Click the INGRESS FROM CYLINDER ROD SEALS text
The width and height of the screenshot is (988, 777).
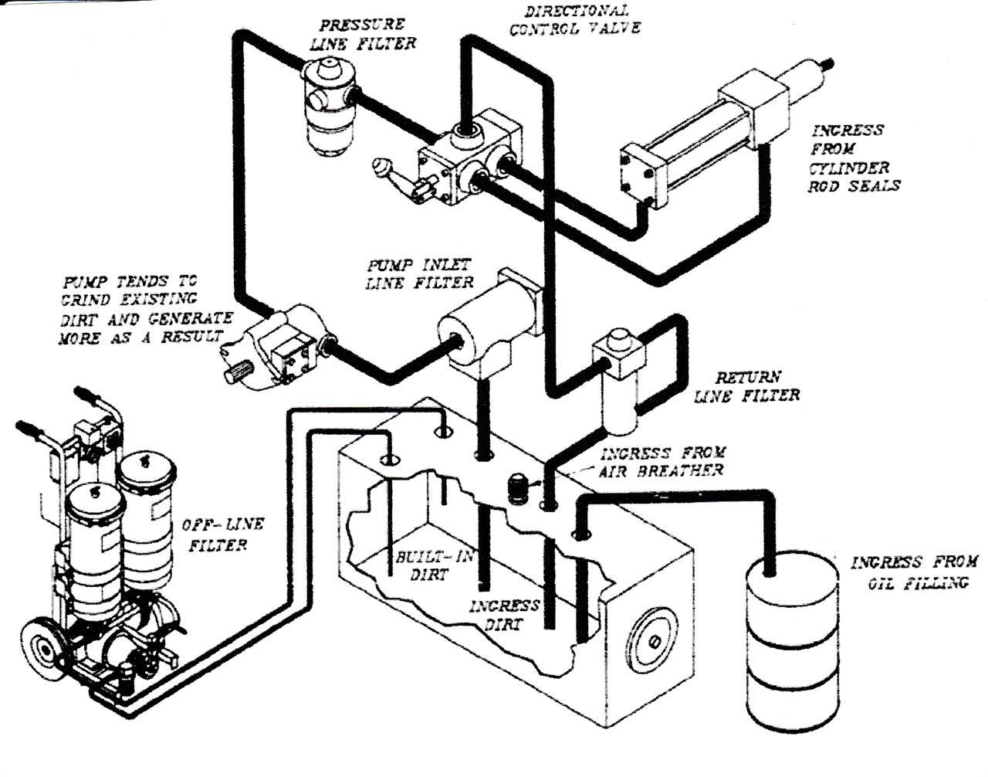854,158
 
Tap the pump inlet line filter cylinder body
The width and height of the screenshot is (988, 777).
482,328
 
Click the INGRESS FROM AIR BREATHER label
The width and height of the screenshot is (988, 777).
662,461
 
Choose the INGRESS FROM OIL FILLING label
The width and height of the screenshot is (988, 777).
914,572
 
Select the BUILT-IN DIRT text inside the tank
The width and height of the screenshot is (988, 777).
432,565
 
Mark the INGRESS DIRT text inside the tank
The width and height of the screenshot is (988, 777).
503,615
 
